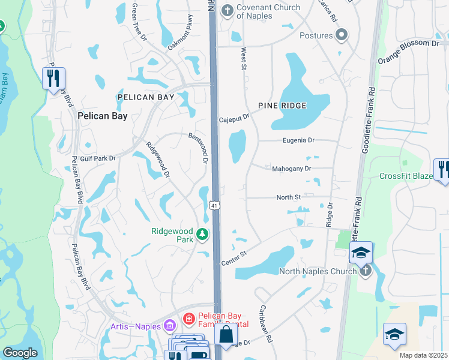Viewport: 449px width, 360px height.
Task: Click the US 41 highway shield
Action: [214, 206]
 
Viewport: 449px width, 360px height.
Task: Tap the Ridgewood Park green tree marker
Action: [203, 234]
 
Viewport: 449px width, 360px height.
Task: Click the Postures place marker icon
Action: [342, 35]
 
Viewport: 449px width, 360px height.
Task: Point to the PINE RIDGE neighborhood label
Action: [282, 106]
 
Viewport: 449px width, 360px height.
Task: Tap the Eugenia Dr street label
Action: [299, 140]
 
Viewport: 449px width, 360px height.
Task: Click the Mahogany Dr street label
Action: [291, 169]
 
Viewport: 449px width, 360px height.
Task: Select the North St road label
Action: [288, 197]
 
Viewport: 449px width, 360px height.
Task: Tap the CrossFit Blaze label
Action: [406, 176]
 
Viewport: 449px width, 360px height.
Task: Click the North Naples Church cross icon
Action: [366, 271]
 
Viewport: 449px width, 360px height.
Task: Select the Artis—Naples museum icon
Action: [169, 326]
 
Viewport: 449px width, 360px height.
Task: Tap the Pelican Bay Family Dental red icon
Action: [188, 317]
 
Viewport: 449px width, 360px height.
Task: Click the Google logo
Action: [20, 353]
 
